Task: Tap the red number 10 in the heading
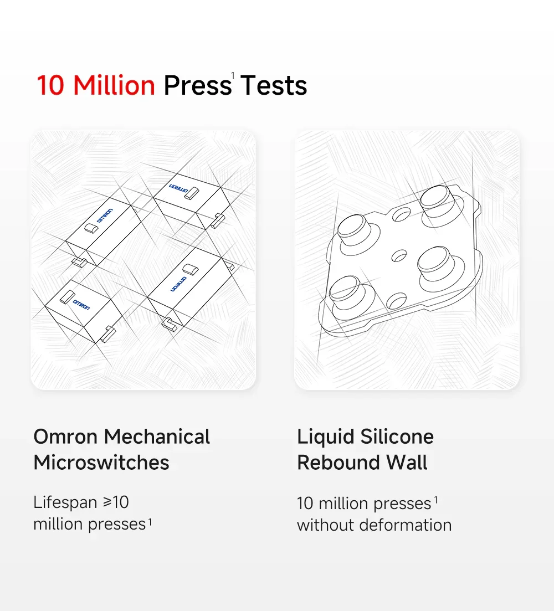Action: pyautogui.click(x=50, y=85)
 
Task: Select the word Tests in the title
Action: pyautogui.click(x=274, y=85)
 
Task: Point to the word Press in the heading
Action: pyautogui.click(x=198, y=85)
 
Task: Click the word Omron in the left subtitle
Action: pyautogui.click(x=65, y=437)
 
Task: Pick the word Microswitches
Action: pyautogui.click(x=101, y=463)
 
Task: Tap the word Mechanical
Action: pyautogui.click(x=157, y=437)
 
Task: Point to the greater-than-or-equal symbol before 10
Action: pyautogui.click(x=107, y=502)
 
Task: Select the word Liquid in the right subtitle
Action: pyautogui.click(x=326, y=437)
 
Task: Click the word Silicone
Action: pyautogui.click(x=397, y=437)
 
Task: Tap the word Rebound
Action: pyautogui.click(x=338, y=463)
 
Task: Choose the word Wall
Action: pyautogui.click(x=407, y=463)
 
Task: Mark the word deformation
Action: pyautogui.click(x=405, y=525)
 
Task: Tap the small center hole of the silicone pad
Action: pyautogui.click(x=399, y=255)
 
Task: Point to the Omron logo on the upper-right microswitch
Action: pyautogui.click(x=179, y=188)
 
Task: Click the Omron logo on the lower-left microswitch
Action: pyautogui.click(x=81, y=305)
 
